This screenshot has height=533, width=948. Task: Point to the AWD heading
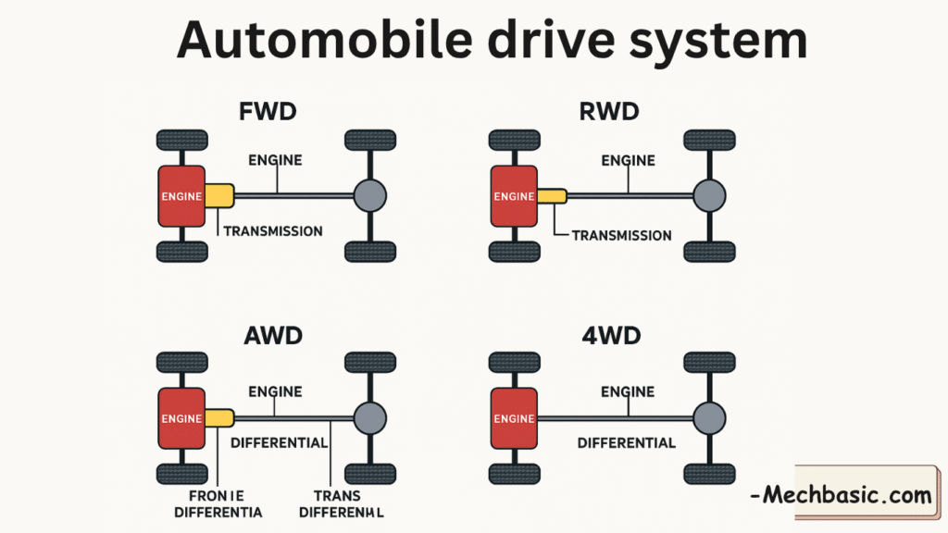coord(274,336)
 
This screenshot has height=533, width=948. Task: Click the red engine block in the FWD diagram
coord(181,196)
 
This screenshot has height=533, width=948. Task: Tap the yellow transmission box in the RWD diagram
coord(552,195)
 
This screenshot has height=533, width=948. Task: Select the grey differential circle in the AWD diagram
coord(370,418)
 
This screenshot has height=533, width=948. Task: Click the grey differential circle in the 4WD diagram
coord(710,418)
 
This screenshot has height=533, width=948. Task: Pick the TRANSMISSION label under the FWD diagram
coord(273,230)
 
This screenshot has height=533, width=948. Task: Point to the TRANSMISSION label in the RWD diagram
coord(621,235)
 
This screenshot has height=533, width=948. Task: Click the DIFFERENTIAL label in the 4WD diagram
coord(626,443)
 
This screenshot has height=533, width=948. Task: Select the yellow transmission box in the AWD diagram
coord(219,418)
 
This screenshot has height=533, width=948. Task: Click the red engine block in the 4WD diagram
coord(514,418)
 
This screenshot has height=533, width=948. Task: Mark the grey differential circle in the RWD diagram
coord(710,195)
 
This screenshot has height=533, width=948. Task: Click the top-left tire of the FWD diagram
coord(181,141)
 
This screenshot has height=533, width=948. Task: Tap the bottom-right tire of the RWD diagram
coord(710,251)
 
